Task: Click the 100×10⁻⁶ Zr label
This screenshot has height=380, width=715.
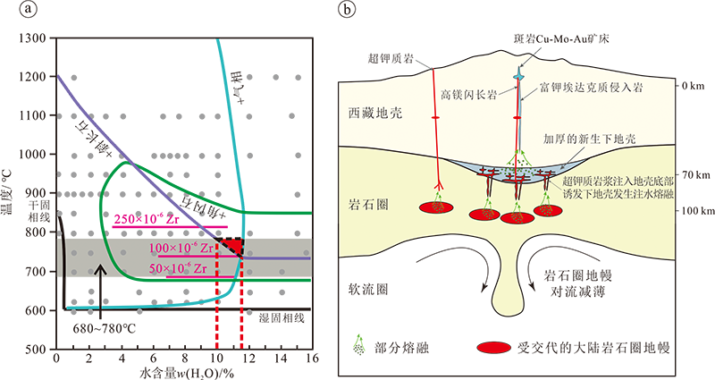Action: [180, 248]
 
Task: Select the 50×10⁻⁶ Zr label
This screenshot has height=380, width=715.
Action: [180, 267]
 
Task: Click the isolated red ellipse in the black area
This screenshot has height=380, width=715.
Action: [492, 347]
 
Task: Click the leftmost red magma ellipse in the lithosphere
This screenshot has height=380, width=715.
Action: [437, 207]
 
